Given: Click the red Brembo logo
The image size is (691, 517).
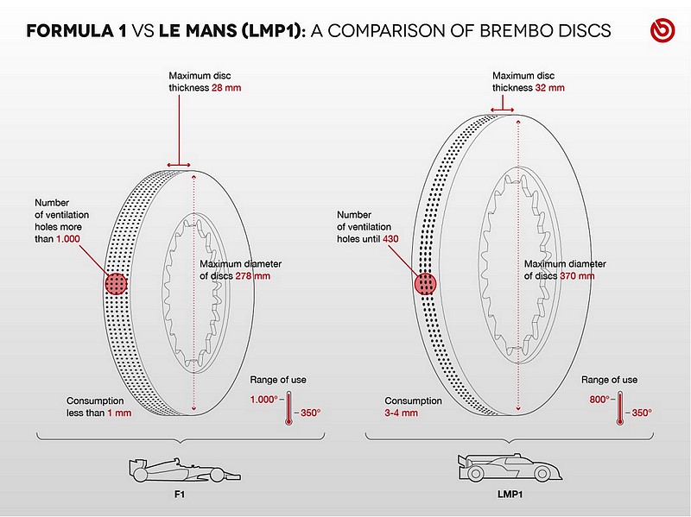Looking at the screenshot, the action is pyautogui.click(x=662, y=30).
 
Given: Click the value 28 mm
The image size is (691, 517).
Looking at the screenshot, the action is pyautogui.click(x=226, y=88).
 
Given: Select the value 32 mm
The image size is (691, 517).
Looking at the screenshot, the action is pyautogui.click(x=550, y=88).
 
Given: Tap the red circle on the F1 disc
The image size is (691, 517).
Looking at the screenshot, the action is pyautogui.click(x=116, y=284).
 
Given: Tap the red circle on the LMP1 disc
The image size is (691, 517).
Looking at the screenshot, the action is pyautogui.click(x=425, y=284).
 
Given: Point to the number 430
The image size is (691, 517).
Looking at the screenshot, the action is pyautogui.click(x=390, y=239).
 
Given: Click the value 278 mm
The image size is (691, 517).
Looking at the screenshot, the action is pyautogui.click(x=252, y=276).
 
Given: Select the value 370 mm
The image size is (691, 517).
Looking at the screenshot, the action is pyautogui.click(x=577, y=276).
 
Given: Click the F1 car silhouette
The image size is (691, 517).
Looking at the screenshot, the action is pyautogui.click(x=185, y=470).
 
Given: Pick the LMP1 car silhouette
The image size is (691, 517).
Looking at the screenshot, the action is pyautogui.click(x=510, y=468).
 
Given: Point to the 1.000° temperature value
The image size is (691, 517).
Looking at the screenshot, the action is pyautogui.click(x=264, y=400).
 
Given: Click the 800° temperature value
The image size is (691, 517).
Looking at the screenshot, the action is pyautogui.click(x=599, y=400).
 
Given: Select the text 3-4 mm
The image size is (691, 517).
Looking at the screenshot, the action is pyautogui.click(x=401, y=413).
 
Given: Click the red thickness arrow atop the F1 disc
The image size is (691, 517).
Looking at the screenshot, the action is pyautogui.click(x=179, y=166).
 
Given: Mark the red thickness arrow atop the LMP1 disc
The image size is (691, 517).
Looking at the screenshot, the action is pyautogui.click(x=503, y=110).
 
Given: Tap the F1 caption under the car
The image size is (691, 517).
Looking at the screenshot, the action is pyautogui.click(x=180, y=495).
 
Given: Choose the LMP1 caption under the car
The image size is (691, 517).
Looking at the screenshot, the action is pyautogui.click(x=510, y=495).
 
